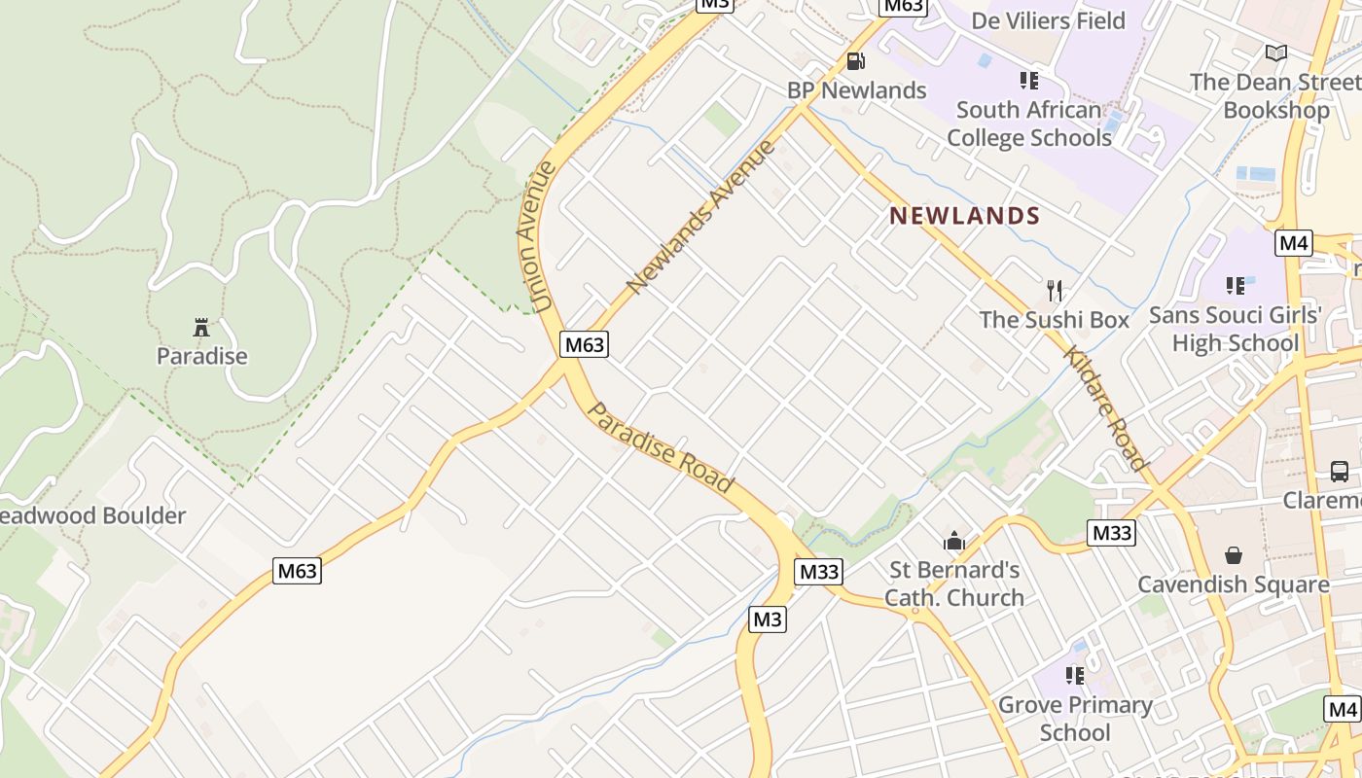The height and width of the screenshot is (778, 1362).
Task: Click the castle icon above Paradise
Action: [201, 327]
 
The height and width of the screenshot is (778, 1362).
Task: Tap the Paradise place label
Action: [202, 356]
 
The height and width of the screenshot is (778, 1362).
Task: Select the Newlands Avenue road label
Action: [701, 217]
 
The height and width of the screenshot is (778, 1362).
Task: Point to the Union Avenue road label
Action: [536, 237]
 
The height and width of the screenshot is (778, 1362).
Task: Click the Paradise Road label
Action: [662, 447]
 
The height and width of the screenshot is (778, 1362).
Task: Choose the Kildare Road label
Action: [1107, 408]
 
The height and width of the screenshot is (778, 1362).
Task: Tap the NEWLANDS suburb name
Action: [965, 216]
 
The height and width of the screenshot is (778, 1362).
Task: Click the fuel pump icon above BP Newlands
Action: [856, 61]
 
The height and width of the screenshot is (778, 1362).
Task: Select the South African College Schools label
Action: [1029, 124]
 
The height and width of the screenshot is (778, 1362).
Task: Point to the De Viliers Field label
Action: [1048, 20]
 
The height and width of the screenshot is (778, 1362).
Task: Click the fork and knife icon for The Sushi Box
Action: [1055, 290]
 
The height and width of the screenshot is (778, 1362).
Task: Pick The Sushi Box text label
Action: [1055, 320]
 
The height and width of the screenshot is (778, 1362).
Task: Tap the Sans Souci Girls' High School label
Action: [1236, 329]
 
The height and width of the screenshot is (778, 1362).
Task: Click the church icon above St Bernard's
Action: [954, 541]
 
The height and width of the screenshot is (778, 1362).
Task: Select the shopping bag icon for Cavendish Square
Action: [1234, 555]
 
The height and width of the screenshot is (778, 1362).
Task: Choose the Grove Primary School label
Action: [1075, 718]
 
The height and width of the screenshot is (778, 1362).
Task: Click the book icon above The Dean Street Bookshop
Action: [1275, 53]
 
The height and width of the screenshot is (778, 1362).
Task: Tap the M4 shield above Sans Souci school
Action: [1294, 242]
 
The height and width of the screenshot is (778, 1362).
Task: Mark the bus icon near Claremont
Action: [1340, 472]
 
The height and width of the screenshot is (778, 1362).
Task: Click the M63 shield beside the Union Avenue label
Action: [585, 343]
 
